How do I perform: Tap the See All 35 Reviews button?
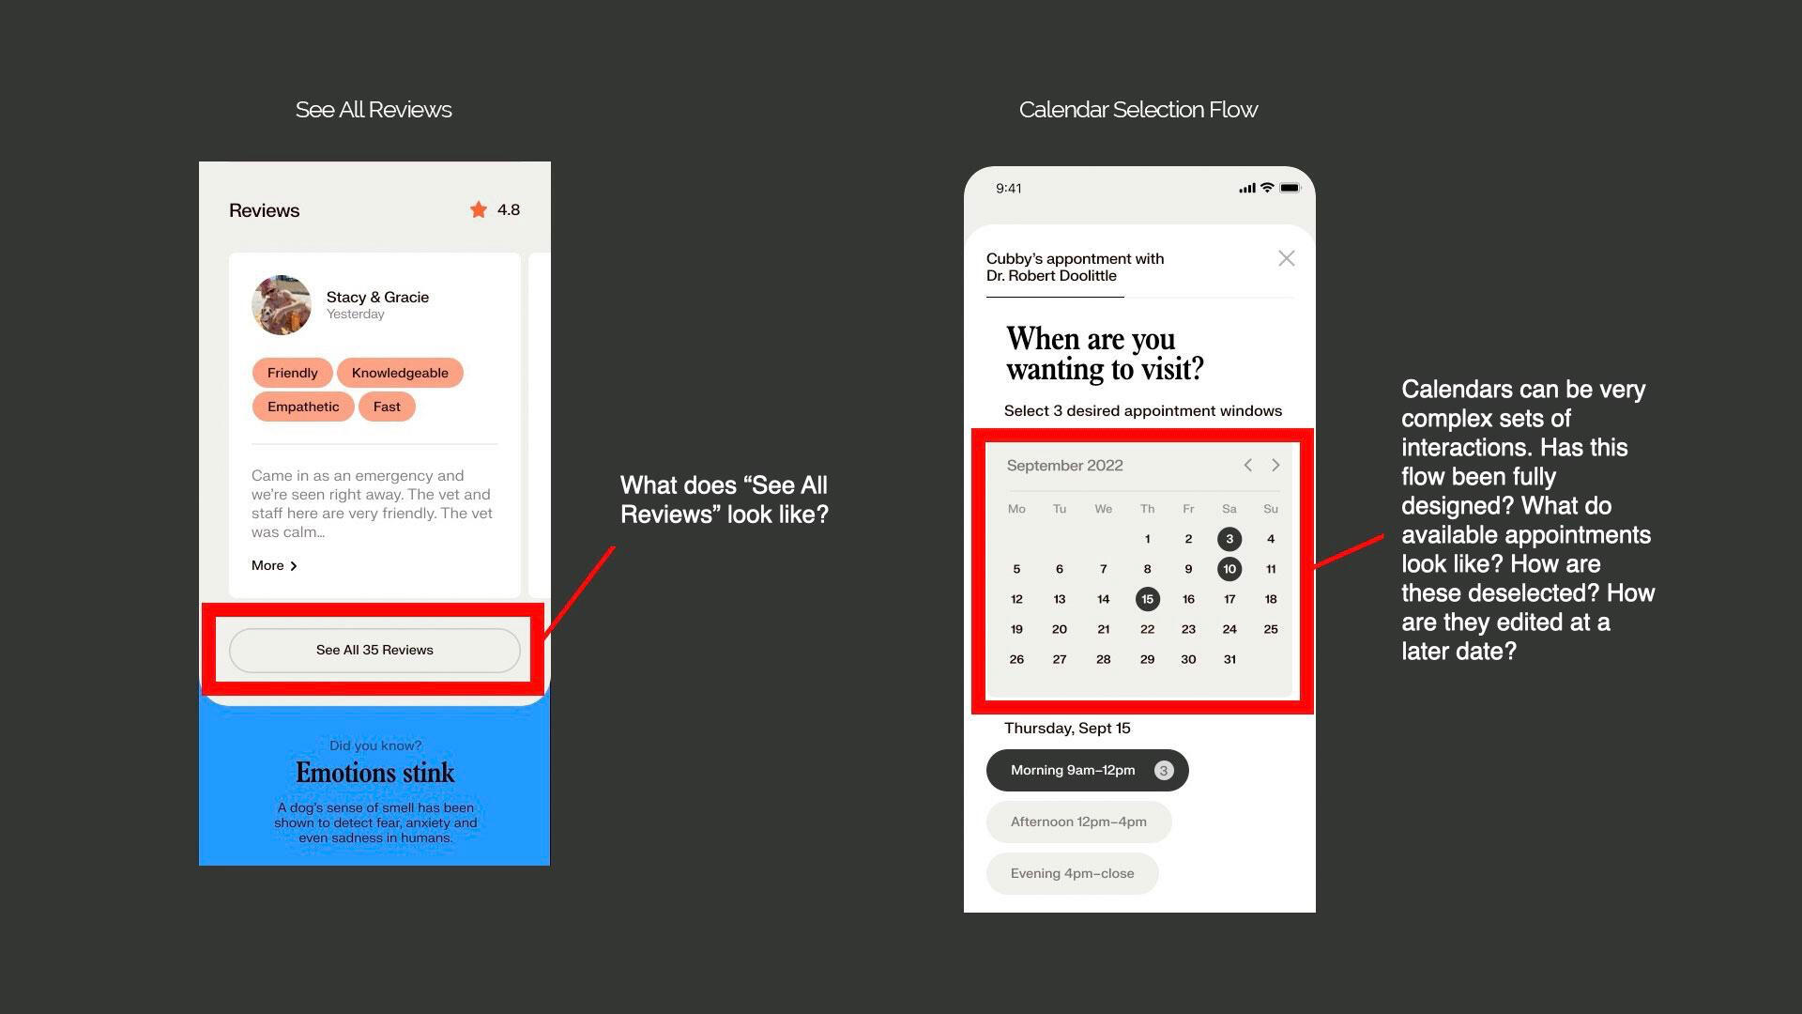(x=374, y=650)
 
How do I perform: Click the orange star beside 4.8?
(x=479, y=209)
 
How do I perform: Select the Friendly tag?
(x=292, y=373)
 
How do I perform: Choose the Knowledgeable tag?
(x=400, y=373)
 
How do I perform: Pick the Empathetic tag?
(x=303, y=407)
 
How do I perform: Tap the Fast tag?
(x=387, y=407)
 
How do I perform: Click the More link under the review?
(x=274, y=565)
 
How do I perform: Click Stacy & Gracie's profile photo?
(x=282, y=305)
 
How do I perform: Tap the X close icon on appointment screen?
(x=1286, y=258)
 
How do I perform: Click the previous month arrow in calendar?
(x=1247, y=465)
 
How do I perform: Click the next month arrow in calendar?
(x=1275, y=465)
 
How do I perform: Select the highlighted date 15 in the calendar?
(x=1147, y=599)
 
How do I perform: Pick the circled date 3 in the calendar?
(x=1229, y=539)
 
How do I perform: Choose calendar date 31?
(x=1229, y=659)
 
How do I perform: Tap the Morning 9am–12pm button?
(x=1088, y=770)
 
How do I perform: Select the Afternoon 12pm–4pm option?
(x=1079, y=822)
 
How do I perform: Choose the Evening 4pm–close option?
(x=1073, y=873)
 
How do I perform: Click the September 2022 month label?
(x=1064, y=466)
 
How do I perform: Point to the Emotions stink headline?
(x=375, y=773)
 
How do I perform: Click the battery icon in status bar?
(x=1290, y=188)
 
